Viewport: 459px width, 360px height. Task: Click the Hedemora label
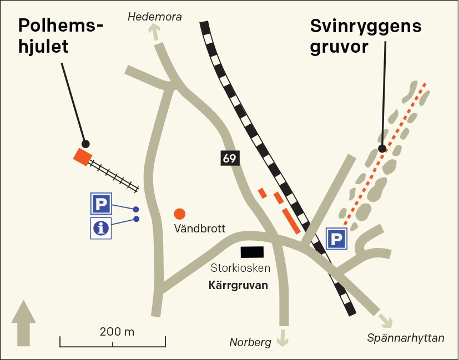(155, 17)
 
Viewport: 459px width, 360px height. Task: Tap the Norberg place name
(250, 342)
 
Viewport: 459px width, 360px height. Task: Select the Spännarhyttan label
(406, 338)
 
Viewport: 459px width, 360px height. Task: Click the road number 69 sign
(229, 159)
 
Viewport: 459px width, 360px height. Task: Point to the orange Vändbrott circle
(179, 214)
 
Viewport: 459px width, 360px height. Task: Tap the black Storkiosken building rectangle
(252, 252)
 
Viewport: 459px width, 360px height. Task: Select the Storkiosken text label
(240, 268)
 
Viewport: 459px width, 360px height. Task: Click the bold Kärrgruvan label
(238, 286)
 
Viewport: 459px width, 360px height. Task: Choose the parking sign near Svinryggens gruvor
(336, 239)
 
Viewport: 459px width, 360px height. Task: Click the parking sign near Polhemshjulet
(101, 204)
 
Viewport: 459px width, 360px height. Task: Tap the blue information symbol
(101, 228)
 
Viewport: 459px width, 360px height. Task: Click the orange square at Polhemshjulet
(83, 156)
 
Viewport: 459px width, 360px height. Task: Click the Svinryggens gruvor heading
(366, 36)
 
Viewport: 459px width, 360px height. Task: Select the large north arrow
(23, 323)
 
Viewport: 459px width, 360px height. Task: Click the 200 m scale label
(117, 332)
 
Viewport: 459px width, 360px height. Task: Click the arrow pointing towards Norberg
(284, 337)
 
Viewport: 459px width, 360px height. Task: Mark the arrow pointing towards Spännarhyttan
(384, 320)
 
